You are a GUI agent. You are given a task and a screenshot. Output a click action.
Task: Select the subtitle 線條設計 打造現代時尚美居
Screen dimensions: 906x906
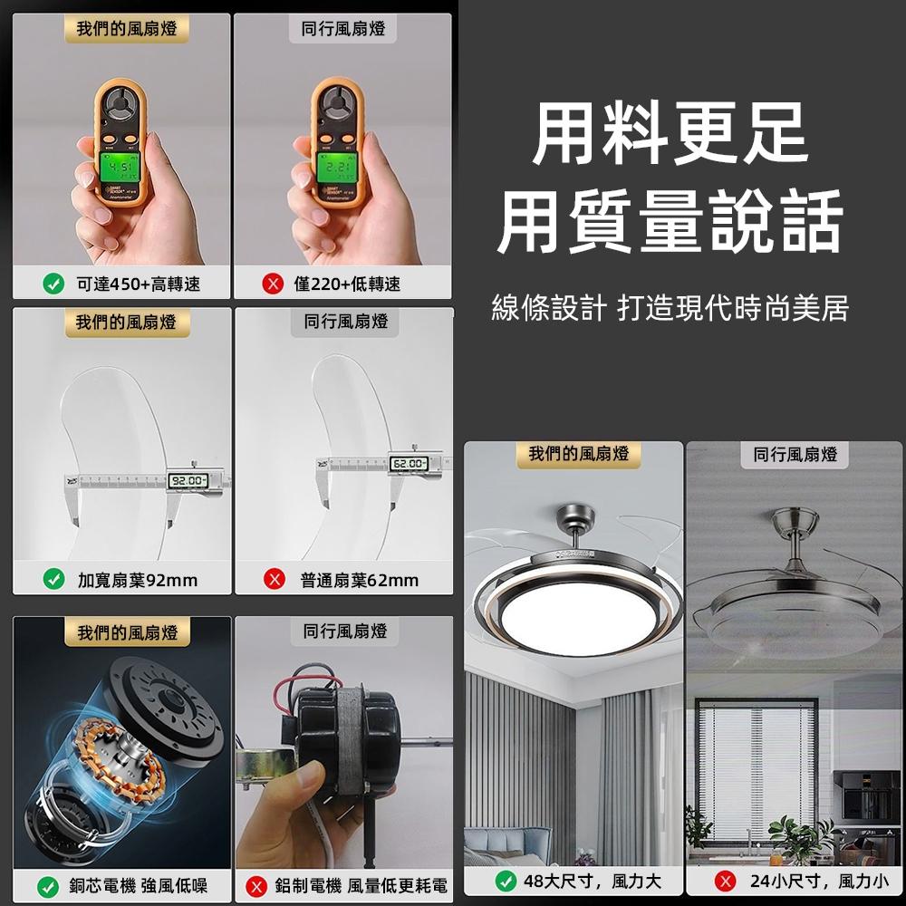670,309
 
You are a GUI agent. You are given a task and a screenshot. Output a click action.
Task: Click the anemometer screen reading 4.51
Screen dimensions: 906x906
121,169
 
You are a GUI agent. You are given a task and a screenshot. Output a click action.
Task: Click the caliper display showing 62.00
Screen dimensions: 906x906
408,465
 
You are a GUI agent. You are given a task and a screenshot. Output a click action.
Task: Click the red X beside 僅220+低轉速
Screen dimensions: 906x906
271,284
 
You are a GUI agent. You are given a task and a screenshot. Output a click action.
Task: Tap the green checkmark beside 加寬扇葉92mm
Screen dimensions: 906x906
53,580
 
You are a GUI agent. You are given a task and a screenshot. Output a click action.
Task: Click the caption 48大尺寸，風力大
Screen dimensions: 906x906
593,881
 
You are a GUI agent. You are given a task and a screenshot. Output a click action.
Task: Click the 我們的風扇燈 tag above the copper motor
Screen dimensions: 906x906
127,631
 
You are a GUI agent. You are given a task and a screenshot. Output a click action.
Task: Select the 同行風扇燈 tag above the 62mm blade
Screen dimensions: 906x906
344,321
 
